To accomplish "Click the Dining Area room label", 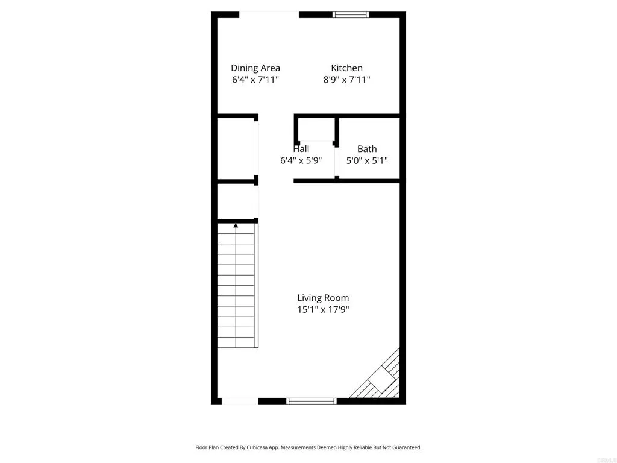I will (x=255, y=68).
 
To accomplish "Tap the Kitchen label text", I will (x=346, y=68).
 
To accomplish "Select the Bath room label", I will (x=367, y=149).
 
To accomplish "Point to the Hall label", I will (x=301, y=149).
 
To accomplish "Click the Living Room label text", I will (x=323, y=298).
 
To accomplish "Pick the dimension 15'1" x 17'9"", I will (x=323, y=310).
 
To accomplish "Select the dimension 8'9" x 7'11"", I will (x=346, y=80).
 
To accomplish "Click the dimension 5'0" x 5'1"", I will (x=367, y=161).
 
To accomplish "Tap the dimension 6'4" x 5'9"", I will (x=301, y=161).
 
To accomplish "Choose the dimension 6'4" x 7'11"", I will (x=255, y=80).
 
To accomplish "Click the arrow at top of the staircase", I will (x=236, y=225).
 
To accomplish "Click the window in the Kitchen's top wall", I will (x=351, y=14).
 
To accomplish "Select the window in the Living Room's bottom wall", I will (x=311, y=400).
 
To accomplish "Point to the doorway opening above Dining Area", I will (x=269, y=14).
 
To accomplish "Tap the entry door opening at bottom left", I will (x=240, y=400).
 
